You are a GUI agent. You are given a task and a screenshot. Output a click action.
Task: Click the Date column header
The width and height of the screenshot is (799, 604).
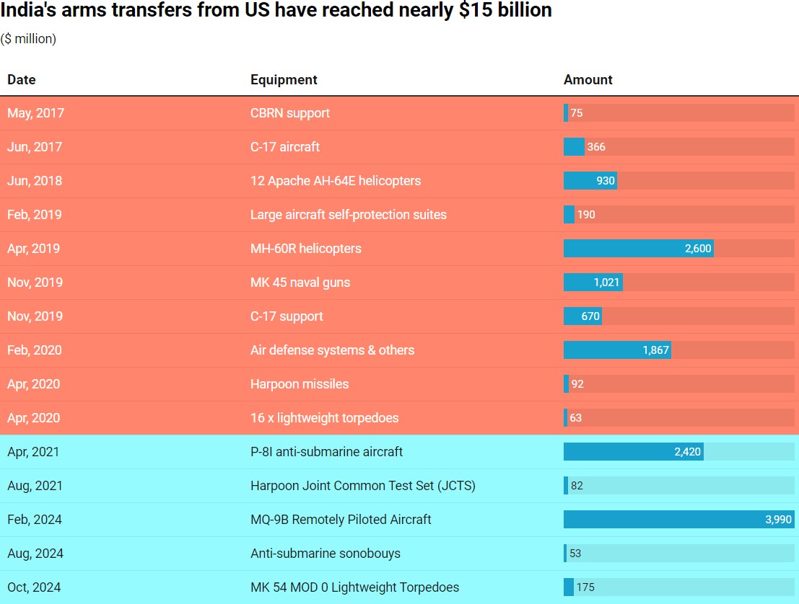[x=22, y=80]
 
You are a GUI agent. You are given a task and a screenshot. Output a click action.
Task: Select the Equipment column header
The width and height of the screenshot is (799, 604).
[x=284, y=80]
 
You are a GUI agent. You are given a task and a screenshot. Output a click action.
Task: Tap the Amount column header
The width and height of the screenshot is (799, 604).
[x=588, y=80]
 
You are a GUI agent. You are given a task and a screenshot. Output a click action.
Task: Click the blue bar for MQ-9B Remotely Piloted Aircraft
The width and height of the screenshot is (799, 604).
[x=664, y=520]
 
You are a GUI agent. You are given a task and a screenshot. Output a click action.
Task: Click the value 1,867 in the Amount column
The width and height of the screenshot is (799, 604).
[x=655, y=350]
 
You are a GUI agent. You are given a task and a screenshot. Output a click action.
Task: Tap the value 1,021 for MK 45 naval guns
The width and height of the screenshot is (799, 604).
[x=606, y=283]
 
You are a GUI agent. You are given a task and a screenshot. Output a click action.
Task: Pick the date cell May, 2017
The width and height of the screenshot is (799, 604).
[x=35, y=113]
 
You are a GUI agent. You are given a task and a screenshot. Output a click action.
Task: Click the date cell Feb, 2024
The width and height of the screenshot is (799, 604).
[x=35, y=520]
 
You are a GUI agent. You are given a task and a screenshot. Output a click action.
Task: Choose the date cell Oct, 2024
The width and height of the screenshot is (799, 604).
[x=35, y=587]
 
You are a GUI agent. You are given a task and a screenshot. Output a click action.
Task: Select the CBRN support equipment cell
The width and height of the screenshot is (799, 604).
[x=290, y=113]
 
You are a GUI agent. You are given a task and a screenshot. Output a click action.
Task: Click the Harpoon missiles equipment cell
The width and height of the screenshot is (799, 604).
[x=300, y=384]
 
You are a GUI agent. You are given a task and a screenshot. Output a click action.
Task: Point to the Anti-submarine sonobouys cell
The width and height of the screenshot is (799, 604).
[x=326, y=554]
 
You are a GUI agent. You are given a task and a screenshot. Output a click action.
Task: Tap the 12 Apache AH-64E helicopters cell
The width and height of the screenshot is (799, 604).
[x=336, y=181]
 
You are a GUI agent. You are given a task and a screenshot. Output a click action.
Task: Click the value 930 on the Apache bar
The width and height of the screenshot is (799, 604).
[x=605, y=181]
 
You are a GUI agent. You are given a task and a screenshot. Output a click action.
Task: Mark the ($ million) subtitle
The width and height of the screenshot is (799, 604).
[x=28, y=39]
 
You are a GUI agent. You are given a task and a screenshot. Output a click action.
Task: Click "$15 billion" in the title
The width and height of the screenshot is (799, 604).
[x=505, y=11]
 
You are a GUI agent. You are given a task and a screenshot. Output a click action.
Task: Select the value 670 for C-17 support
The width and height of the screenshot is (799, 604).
[x=590, y=316]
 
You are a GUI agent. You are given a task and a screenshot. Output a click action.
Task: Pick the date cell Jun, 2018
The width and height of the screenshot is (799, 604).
[x=35, y=181]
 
